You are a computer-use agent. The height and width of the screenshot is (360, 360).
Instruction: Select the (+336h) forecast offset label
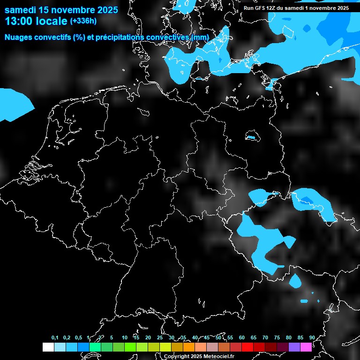tap(83, 21)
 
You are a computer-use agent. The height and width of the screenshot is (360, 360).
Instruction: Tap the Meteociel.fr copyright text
tap(199, 356)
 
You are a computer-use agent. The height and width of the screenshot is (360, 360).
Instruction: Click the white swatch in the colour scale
tap(48, 347)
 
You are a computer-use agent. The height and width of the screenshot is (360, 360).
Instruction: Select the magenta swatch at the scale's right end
tap(306, 347)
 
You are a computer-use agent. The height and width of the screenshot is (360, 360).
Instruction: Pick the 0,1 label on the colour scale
tap(55, 337)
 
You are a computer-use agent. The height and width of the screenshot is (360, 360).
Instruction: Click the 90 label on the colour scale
tap(312, 337)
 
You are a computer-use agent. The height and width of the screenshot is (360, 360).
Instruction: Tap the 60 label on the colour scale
tap(241, 337)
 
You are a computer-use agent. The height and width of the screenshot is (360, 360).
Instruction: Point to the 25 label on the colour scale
tap(159, 337)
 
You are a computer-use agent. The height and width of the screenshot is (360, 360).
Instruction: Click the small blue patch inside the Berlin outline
tap(252, 137)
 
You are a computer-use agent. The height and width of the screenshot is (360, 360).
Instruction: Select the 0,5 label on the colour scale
tap(78, 337)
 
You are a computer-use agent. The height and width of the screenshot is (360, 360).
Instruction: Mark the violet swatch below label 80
tap(294, 347)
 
